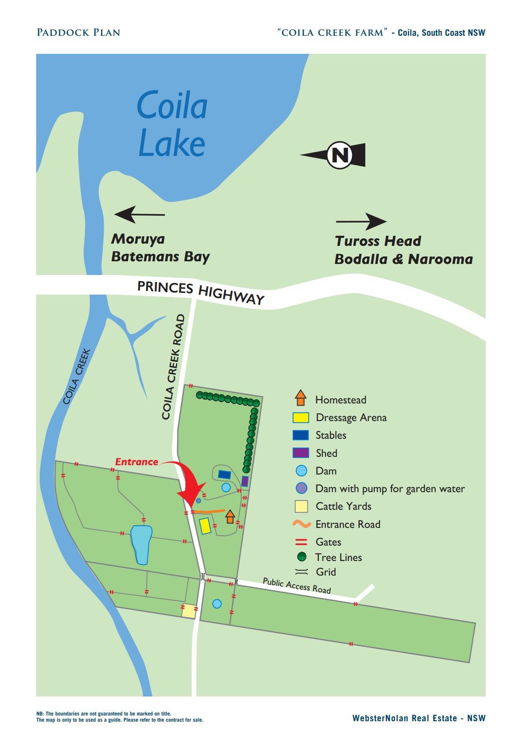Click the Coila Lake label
coord(172,124)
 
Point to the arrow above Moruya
coord(140,215)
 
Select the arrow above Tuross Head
coord(361,222)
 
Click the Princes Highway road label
coord(201,292)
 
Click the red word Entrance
coord(136,462)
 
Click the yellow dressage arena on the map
coord(205,526)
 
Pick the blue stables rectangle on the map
coord(225,475)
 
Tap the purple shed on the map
coord(245,481)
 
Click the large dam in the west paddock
coord(141,544)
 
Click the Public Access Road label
coord(297,585)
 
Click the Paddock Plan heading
coord(79,33)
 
